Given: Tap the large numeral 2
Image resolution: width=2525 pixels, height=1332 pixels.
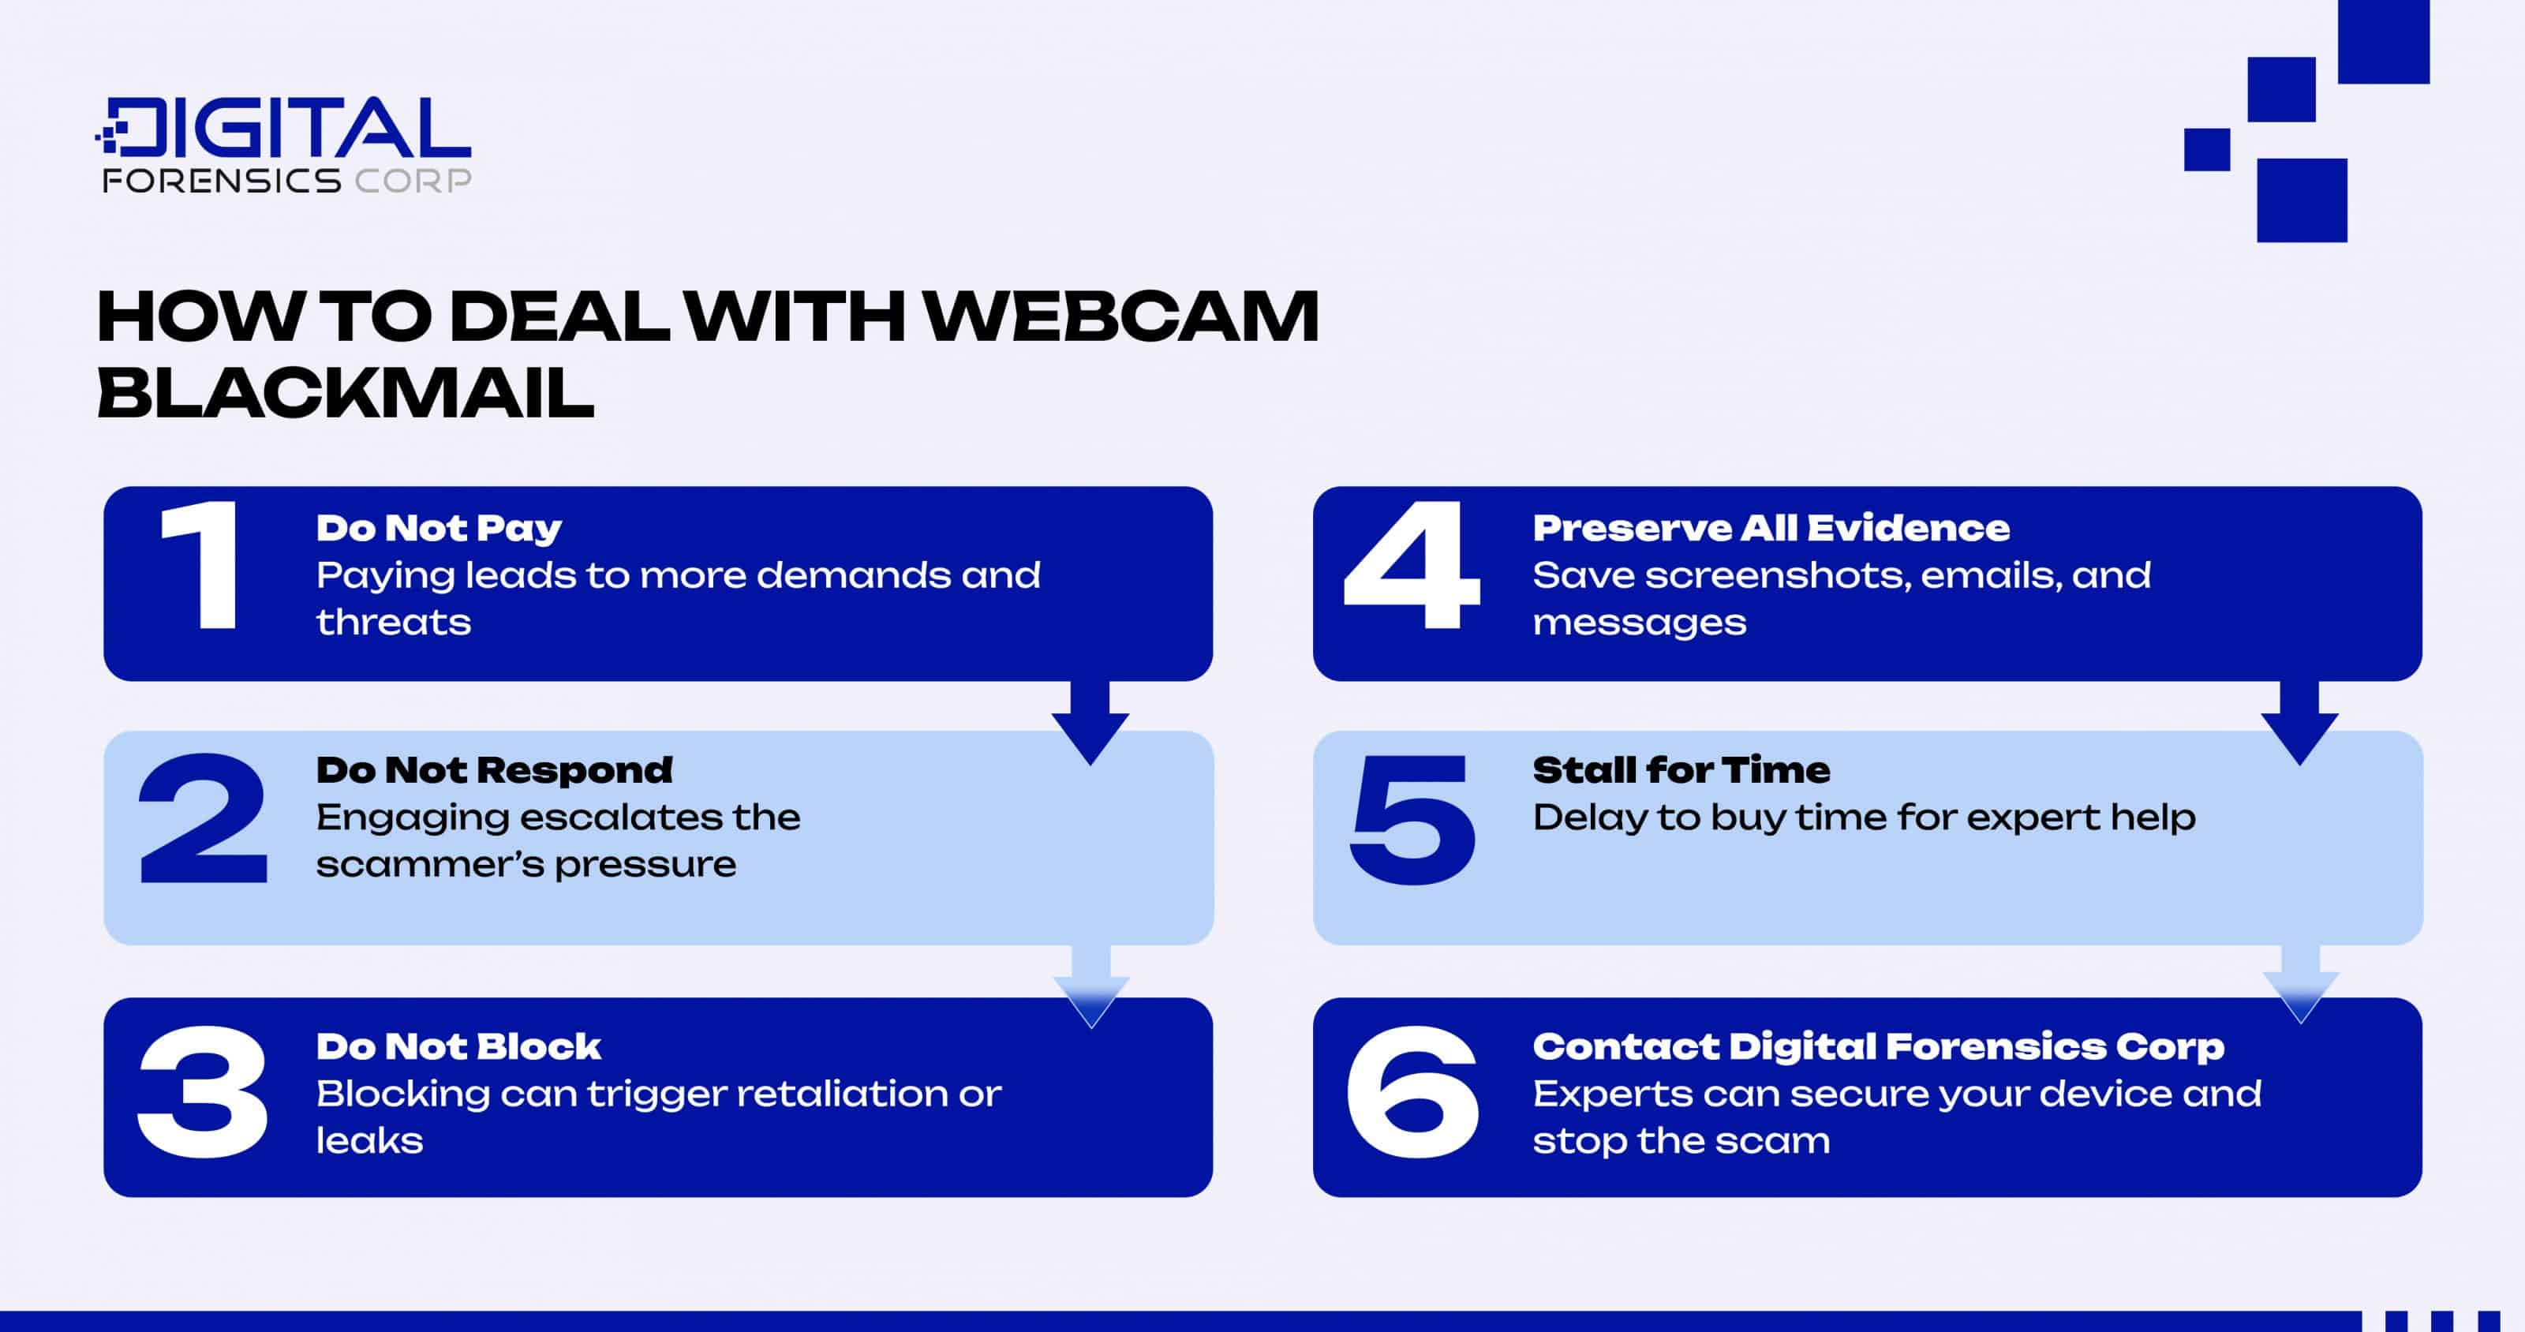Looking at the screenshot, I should tap(203, 818).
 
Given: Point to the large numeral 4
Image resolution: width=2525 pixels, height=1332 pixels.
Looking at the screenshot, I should tap(1412, 566).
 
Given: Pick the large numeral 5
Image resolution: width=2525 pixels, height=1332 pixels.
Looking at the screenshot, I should tap(1412, 818).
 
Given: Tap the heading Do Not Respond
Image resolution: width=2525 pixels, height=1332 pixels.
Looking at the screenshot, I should tap(494, 770).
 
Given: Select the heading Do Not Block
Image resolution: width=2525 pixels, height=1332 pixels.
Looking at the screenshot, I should tap(458, 1047).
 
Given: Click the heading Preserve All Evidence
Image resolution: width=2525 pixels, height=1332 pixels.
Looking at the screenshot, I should tap(1770, 528).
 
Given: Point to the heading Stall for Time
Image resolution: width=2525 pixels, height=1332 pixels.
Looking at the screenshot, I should tap(1681, 770).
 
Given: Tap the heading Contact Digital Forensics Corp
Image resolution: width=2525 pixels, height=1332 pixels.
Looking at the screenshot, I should tap(1878, 1047).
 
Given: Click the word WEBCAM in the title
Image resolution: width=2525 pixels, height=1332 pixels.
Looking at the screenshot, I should tap(1121, 316).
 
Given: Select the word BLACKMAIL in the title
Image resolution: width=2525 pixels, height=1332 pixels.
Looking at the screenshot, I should tap(345, 393).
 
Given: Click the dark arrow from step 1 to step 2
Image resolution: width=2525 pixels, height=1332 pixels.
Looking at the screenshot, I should tap(1090, 724).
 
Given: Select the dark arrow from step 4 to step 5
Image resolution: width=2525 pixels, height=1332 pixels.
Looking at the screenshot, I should tap(2299, 724).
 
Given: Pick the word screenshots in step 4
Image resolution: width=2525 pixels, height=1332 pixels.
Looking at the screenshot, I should tap(1777, 575).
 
